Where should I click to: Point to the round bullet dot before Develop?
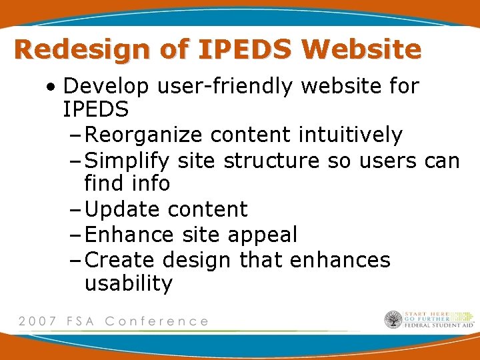point(52,87)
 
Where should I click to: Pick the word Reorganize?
point(144,135)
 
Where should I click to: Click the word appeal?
point(262,235)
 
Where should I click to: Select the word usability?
point(129,283)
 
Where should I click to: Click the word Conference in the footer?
point(157,321)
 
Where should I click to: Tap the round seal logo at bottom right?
point(393,320)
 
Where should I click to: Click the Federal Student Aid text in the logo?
point(439,326)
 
